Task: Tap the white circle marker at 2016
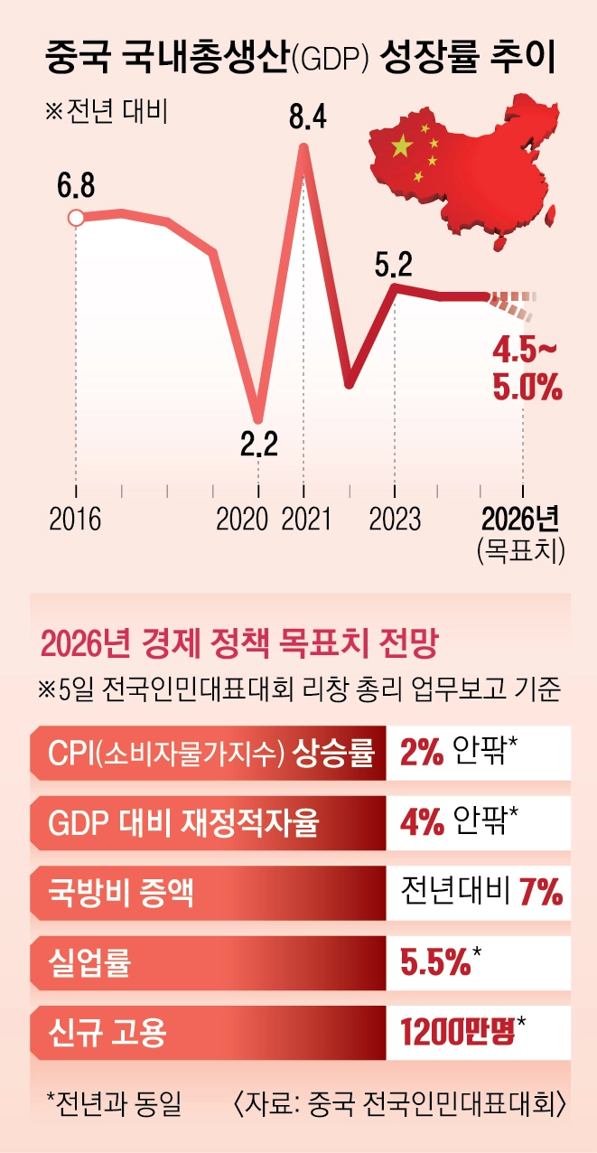tap(76, 217)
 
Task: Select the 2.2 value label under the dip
tap(258, 445)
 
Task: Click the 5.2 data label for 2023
tap(394, 264)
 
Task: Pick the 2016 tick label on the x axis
tap(75, 519)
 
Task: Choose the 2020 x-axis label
tap(243, 519)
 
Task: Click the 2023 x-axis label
tap(395, 519)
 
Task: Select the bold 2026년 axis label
tap(521, 519)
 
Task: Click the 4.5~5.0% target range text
tap(527, 369)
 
